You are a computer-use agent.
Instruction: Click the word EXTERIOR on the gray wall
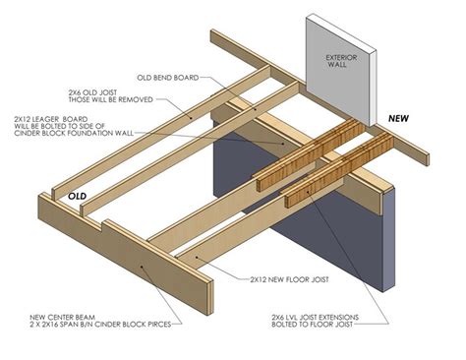(342, 59)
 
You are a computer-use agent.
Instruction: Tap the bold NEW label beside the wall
(398, 118)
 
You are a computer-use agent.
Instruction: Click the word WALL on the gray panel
(342, 69)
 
